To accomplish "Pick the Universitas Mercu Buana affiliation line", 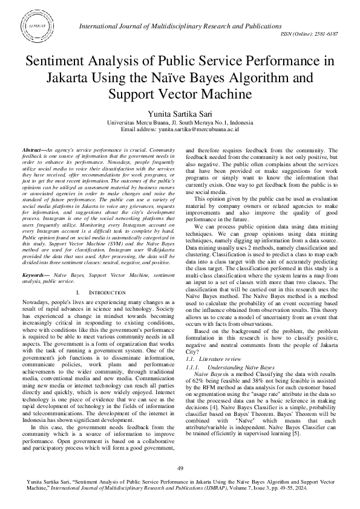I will point(180,122).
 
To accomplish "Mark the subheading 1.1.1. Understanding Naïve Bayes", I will point(230,367).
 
